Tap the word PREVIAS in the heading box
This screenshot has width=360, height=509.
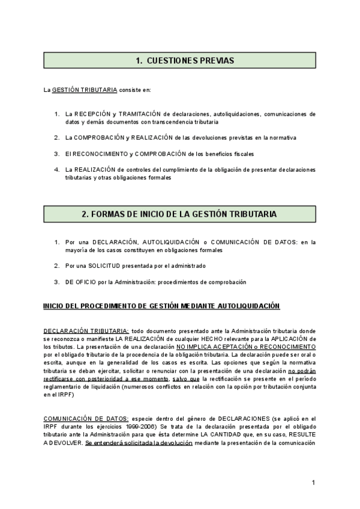pos(215,61)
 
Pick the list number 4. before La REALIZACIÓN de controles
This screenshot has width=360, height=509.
pos(56,169)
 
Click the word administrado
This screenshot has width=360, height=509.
pos(188,265)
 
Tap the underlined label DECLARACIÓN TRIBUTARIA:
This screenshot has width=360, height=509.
pos(86,331)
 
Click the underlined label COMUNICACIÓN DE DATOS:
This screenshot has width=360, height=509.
pos(85,418)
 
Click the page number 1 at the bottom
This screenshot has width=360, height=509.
pos(314,483)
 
